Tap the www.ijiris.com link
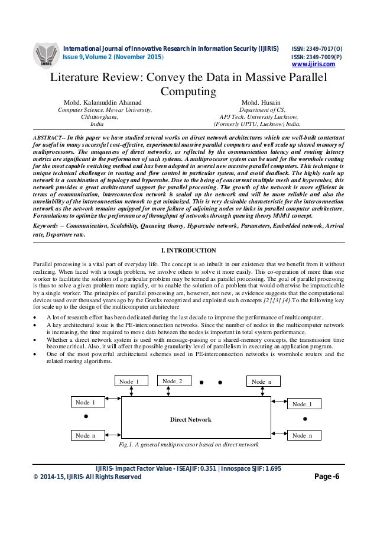click(314, 64)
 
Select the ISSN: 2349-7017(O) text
click(317, 47)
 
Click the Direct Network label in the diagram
click(191, 419)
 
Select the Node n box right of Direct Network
click(305, 436)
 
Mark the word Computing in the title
click(189, 92)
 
